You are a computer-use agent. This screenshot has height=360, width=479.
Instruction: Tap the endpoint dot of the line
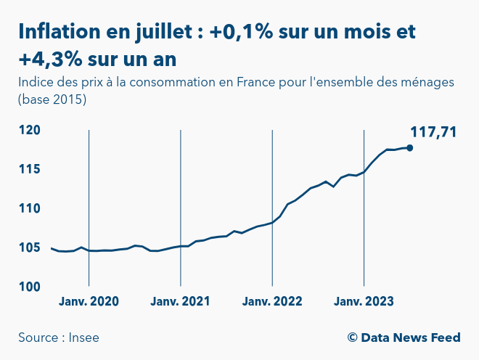[410, 147]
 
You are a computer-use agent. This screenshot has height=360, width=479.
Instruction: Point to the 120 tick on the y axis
[30, 131]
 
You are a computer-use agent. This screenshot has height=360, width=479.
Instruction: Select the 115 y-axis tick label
[30, 169]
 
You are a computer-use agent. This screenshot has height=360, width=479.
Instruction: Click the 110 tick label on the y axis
[30, 208]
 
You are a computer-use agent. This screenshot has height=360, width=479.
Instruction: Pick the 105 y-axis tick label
[30, 247]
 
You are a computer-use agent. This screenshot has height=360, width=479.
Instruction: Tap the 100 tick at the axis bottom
[30, 287]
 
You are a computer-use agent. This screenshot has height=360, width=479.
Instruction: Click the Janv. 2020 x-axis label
[89, 302]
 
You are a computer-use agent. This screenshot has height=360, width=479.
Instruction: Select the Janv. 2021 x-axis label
[180, 302]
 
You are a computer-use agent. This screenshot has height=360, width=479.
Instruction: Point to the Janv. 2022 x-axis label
[272, 302]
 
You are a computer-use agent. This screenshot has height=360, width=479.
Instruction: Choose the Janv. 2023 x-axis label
[364, 302]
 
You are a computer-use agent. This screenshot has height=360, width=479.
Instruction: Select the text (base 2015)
[52, 99]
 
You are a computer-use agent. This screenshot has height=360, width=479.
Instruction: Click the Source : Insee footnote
[59, 337]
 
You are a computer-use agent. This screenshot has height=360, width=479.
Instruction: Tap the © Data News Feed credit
[404, 337]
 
